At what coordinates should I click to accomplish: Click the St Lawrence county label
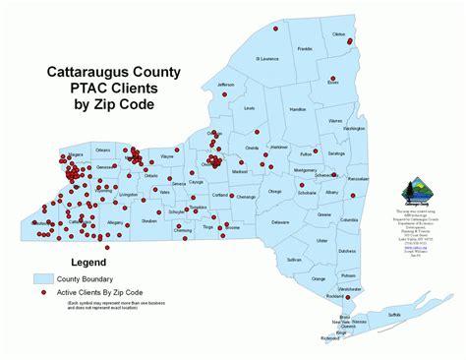(x=267, y=59)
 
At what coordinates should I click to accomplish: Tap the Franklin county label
(x=305, y=48)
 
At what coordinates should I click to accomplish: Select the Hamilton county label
(x=299, y=110)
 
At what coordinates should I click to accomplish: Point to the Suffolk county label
(x=393, y=314)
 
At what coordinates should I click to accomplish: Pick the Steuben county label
(x=149, y=221)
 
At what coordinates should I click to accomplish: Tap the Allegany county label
(x=115, y=223)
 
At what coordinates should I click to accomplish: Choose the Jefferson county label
(x=226, y=85)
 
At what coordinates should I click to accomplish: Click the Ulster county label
(x=321, y=240)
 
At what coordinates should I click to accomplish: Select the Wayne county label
(x=167, y=156)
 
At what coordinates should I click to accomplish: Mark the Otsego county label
(x=273, y=192)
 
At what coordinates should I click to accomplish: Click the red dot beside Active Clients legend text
(x=44, y=293)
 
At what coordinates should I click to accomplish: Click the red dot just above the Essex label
(x=333, y=75)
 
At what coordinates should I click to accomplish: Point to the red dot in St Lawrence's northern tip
(x=275, y=29)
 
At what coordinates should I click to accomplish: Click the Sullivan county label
(x=294, y=259)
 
